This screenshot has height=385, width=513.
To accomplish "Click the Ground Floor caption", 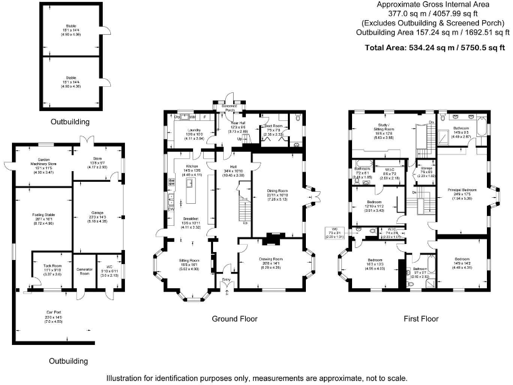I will point(234,319).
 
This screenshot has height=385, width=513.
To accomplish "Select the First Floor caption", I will point(421,319).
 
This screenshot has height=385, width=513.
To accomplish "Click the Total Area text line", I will point(434,47).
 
